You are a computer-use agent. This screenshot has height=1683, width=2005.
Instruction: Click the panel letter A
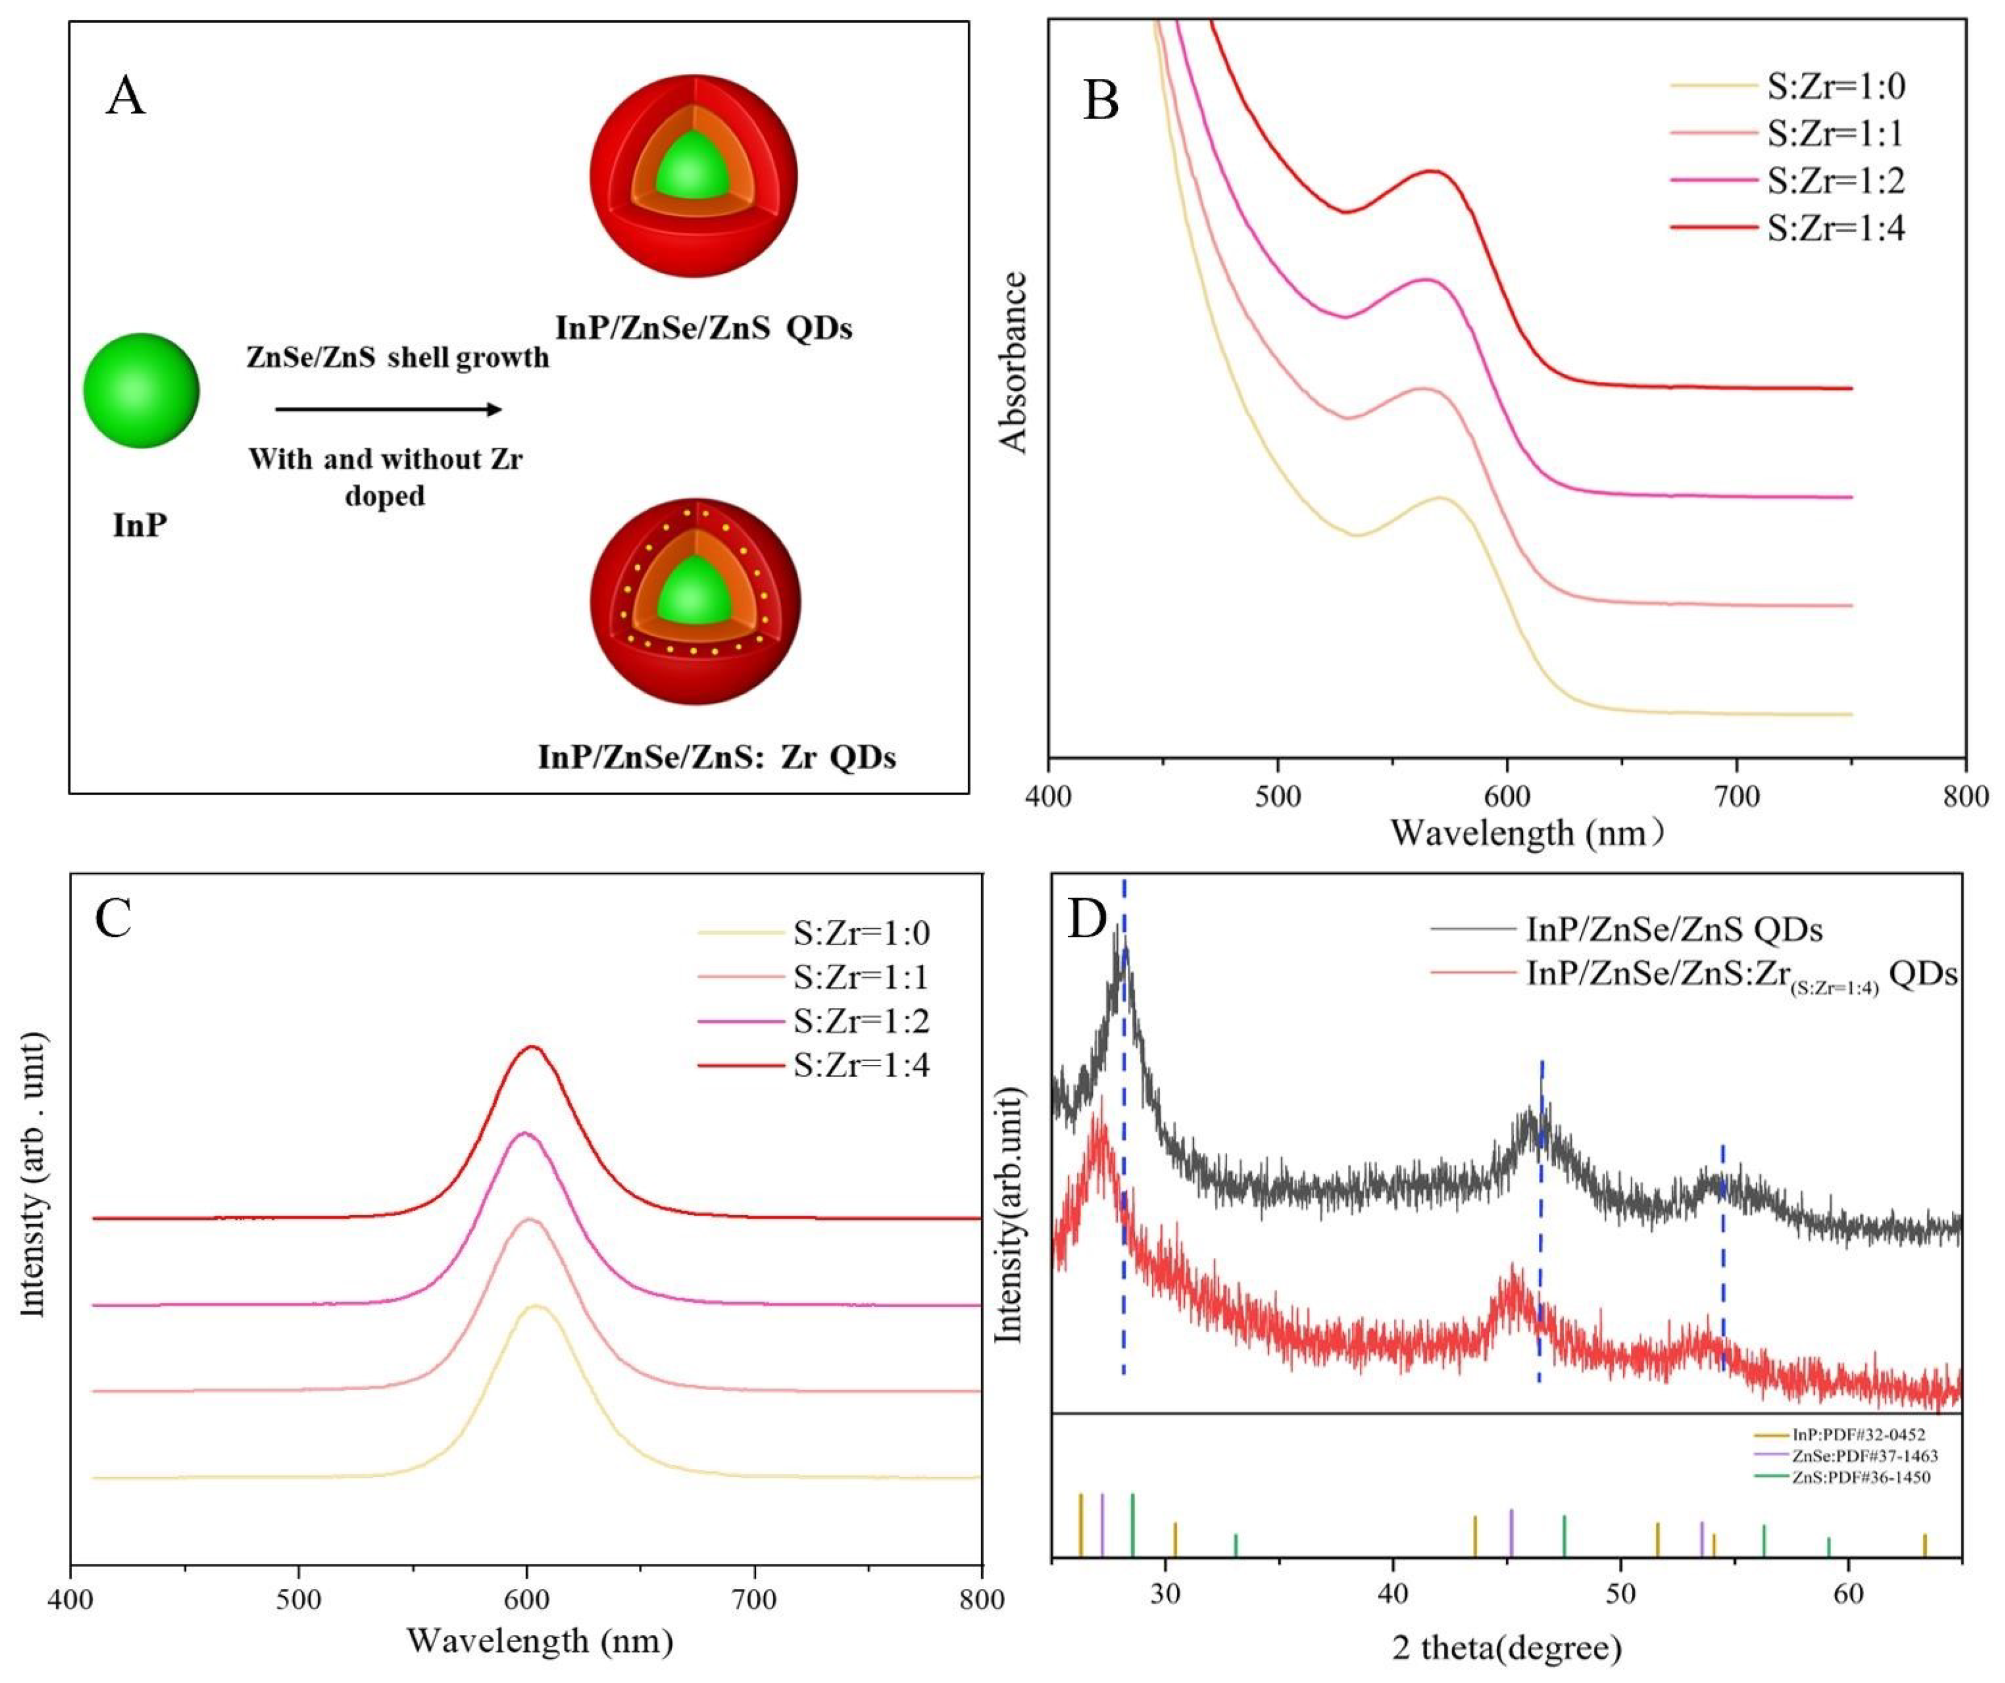126,96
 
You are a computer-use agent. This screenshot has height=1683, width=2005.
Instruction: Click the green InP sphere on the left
142,391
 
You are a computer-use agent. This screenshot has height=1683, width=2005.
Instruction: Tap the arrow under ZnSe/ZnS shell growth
387,409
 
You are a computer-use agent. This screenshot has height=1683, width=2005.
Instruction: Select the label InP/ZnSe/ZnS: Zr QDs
716,757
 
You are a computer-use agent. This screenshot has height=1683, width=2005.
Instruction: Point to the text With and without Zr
386,459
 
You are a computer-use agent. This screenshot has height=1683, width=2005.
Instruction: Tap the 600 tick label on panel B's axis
1506,796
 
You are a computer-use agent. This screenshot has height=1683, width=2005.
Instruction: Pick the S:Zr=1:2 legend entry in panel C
859,1020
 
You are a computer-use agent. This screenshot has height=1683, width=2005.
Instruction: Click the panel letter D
1087,919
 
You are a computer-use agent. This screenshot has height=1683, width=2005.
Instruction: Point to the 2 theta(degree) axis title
1506,1647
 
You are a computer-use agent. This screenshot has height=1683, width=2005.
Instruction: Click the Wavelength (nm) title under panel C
539,1640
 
